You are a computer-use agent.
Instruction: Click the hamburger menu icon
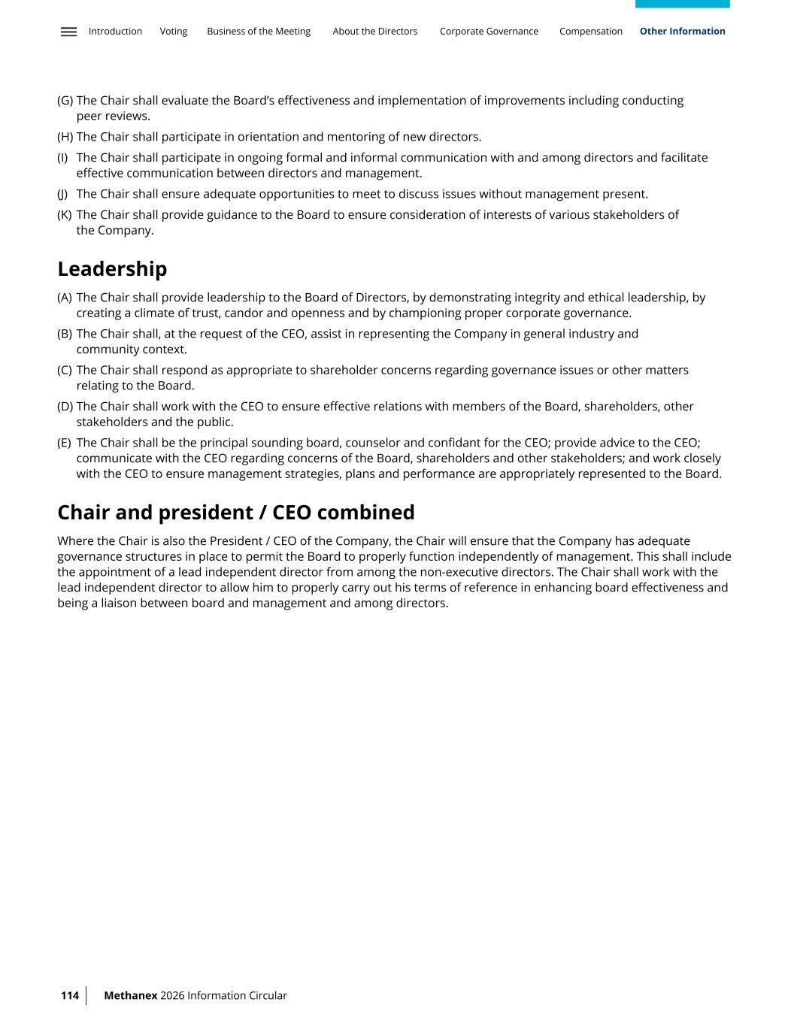pos(68,32)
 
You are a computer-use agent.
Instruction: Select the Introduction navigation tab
pos(115,32)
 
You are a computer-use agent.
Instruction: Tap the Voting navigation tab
pos(174,32)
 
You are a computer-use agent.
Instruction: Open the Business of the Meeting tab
pos(259,32)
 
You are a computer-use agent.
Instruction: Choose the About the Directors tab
pos(374,32)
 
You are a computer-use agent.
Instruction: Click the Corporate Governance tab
pos(489,32)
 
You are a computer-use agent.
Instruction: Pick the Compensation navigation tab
pos(591,32)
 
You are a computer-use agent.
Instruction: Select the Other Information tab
pos(682,32)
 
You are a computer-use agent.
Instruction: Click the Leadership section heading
pos(112,269)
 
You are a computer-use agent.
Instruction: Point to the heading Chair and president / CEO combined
pos(236,513)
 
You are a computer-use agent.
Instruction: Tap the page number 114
pos(70,995)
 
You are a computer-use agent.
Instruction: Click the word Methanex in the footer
pos(131,995)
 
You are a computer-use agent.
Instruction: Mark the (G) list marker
pos(65,101)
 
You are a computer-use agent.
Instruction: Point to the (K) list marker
pos(65,215)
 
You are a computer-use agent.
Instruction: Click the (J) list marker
pos(62,194)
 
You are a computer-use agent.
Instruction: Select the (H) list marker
pos(65,137)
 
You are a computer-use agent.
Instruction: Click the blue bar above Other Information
pos(682,4)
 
